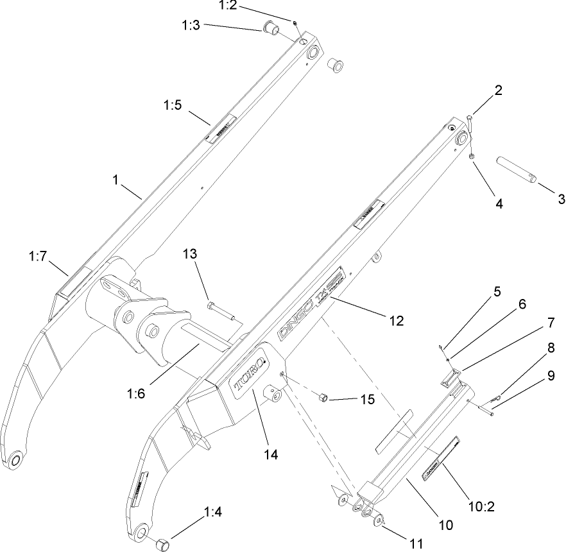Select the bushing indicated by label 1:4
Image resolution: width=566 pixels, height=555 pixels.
[x=161, y=544]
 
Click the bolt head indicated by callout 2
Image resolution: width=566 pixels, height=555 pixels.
[x=470, y=117]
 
